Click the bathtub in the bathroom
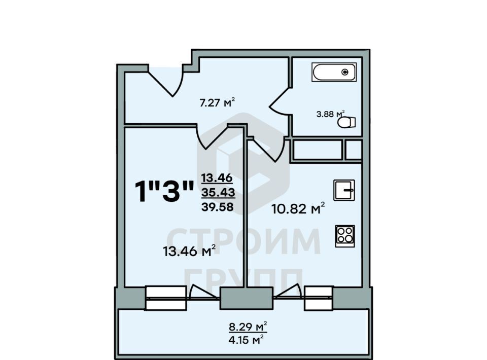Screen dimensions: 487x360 [334, 72]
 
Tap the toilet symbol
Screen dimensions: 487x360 [346, 122]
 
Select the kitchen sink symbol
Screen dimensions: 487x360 [344, 190]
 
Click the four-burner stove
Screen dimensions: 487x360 [345, 236]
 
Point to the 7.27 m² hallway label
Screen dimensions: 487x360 [217, 102]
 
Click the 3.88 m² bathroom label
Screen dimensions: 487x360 [330, 114]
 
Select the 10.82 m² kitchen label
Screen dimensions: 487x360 [298, 208]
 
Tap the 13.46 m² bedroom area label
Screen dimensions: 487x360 [189, 250]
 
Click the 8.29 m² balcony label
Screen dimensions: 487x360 [248, 327]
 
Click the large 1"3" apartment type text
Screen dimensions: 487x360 [164, 191]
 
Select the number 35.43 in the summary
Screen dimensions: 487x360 [218, 192]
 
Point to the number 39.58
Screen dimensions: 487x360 [218, 206]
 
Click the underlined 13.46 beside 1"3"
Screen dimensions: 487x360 [217, 178]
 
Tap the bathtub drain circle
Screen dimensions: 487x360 [345, 73]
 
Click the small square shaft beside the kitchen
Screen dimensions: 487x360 [354, 150]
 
